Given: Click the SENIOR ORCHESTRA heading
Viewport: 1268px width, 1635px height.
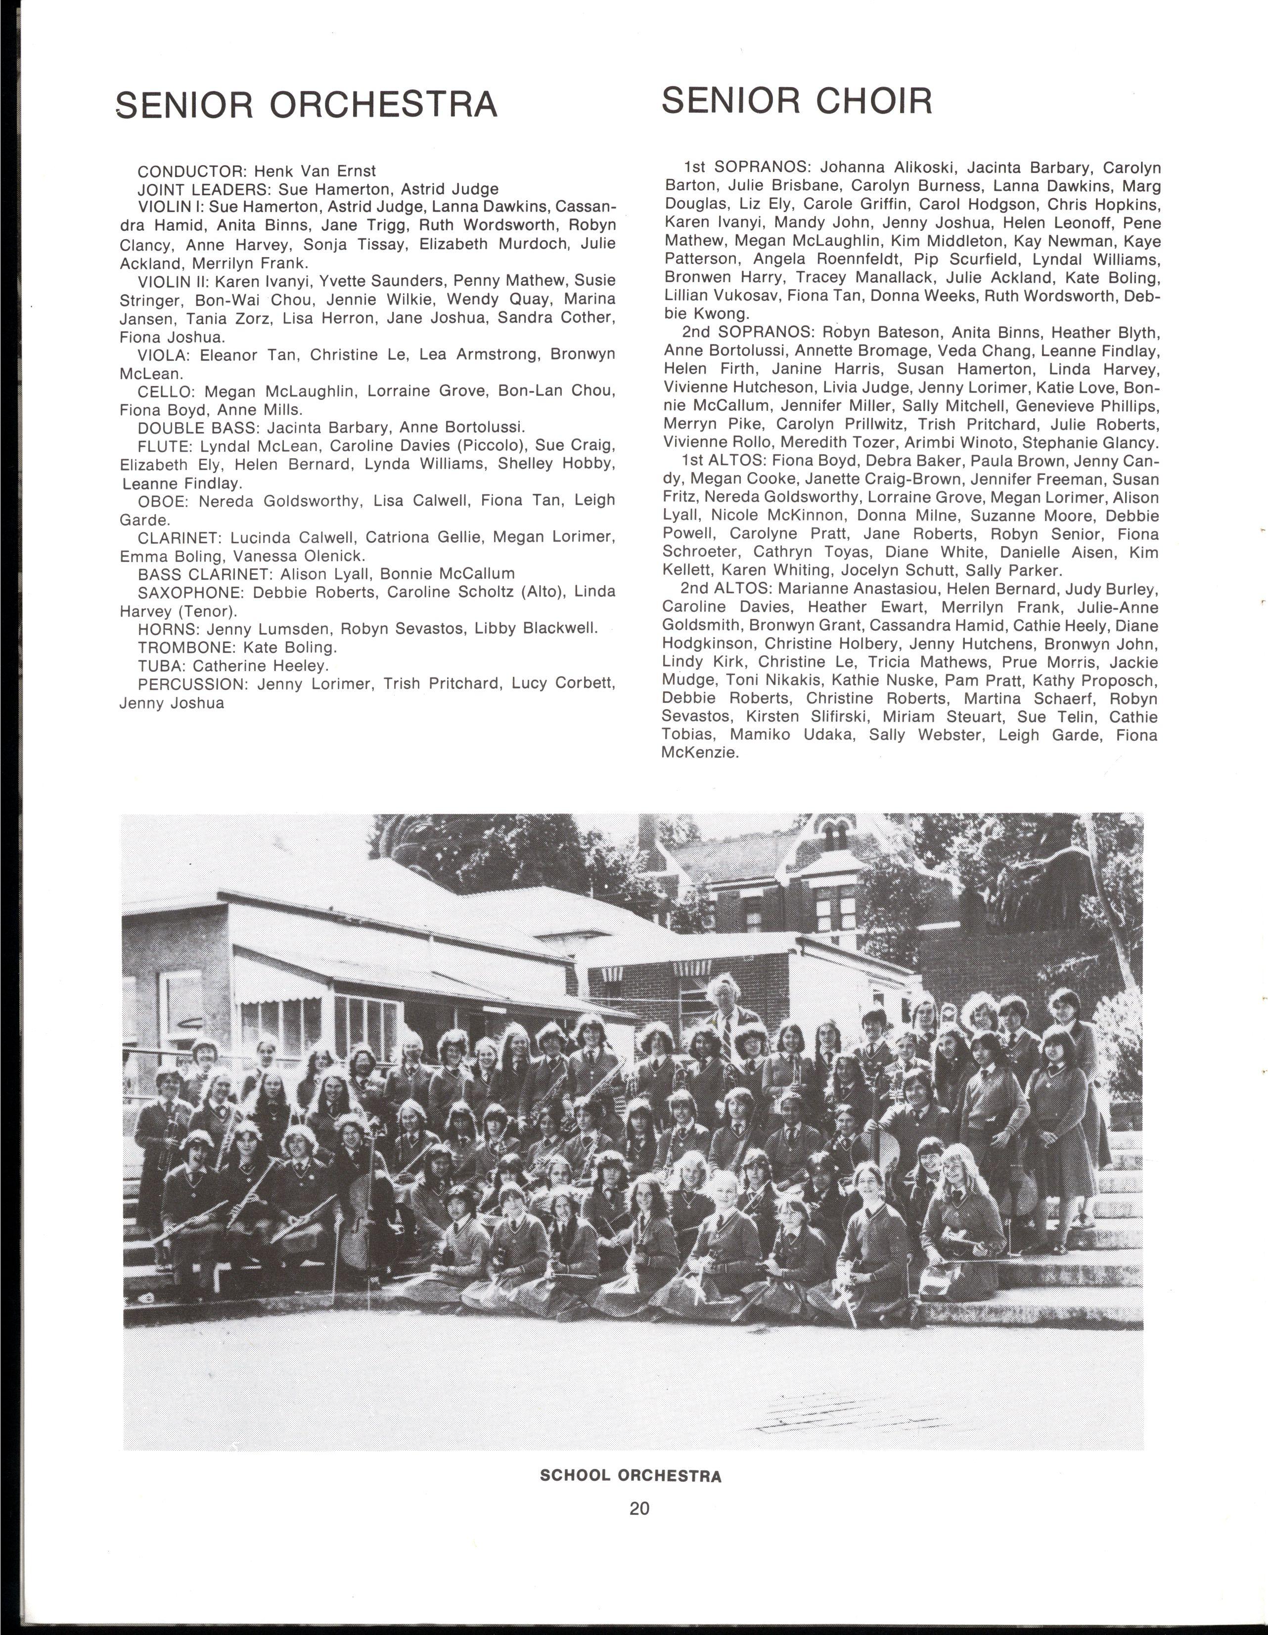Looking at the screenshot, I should tap(307, 105).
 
